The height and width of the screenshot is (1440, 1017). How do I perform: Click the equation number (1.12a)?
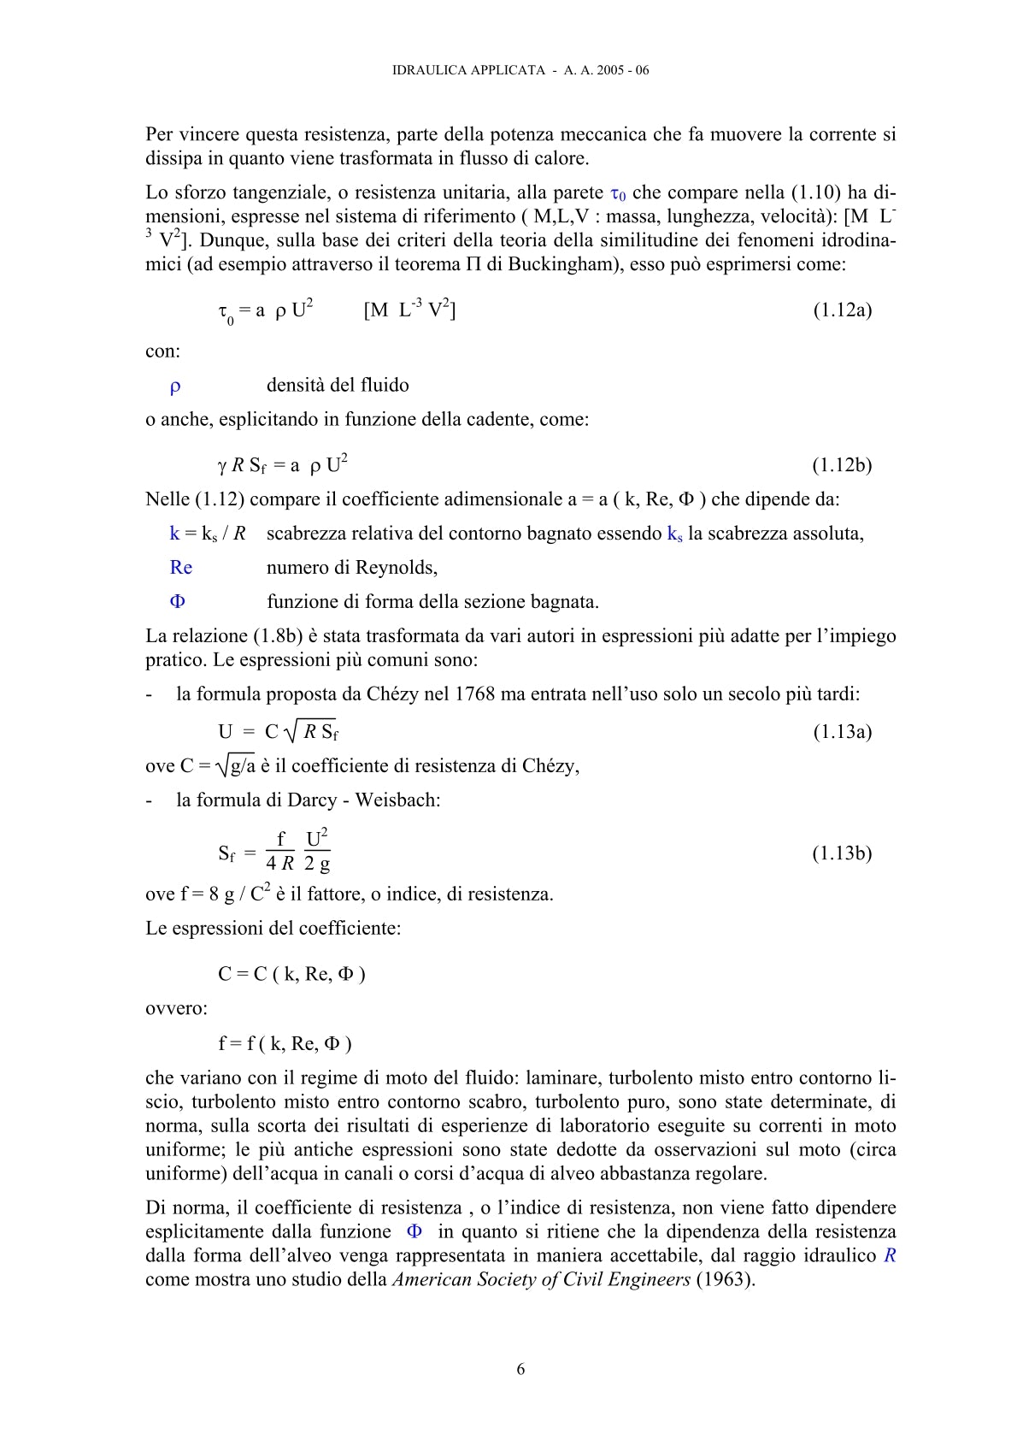[x=842, y=310]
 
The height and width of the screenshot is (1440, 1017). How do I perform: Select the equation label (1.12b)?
[x=842, y=465]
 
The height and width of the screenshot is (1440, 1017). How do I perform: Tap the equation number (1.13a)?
[x=842, y=731]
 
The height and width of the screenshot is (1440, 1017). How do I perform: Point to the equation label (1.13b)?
[x=842, y=853]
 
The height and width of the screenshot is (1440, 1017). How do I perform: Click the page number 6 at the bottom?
[x=520, y=1369]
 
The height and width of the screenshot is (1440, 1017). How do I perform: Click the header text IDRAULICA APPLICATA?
[x=468, y=70]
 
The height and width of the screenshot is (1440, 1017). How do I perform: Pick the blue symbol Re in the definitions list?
[x=181, y=568]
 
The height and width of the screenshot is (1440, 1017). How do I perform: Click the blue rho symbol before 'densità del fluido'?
[x=175, y=387]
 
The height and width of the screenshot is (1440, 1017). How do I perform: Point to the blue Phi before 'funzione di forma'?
[x=178, y=602]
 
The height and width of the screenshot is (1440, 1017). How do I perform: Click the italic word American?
[x=432, y=1280]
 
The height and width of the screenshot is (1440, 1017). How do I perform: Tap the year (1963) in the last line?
[x=726, y=1280]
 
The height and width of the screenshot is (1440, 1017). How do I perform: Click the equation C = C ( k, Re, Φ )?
[x=291, y=974]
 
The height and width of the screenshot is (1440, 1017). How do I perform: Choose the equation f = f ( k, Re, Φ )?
[x=285, y=1043]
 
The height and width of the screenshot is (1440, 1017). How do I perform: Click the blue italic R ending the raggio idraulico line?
[x=890, y=1256]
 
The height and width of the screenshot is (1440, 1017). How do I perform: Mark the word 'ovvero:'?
[x=176, y=1009]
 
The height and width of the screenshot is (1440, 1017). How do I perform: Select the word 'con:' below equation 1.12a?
[x=162, y=351]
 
